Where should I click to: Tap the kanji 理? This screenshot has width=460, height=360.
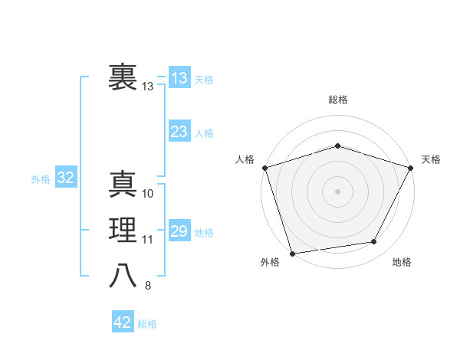coord(123,230)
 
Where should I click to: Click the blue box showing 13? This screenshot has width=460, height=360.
coord(179,78)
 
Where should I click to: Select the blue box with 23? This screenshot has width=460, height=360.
coord(179,132)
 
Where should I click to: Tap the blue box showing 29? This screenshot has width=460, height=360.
coord(179,231)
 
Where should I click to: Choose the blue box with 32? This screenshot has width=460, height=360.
coord(65,178)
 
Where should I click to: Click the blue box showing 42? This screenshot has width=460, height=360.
coord(123,322)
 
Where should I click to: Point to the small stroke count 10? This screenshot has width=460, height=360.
coord(148,194)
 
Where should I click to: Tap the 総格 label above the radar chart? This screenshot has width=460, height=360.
coord(337,100)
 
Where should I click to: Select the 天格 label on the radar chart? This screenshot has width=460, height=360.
coord(431,159)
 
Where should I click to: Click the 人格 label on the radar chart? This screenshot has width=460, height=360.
coord(245,159)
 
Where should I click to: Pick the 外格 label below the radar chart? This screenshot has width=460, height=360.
coord(270,263)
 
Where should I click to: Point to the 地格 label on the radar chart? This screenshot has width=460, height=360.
coord(402,263)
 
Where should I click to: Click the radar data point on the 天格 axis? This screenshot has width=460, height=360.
coord(412,167)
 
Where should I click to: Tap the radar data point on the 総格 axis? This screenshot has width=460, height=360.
coord(337,146)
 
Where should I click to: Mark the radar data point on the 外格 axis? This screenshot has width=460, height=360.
coord(293,253)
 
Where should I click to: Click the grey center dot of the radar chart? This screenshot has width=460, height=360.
coord(337,191)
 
